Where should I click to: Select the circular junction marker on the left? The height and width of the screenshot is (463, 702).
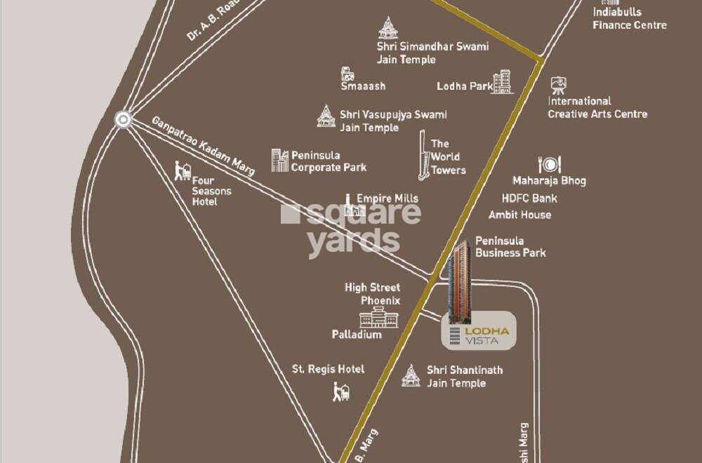[x=124, y=120]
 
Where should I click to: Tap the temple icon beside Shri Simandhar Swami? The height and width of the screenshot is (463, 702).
[x=387, y=28]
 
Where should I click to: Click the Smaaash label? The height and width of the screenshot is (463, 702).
[x=363, y=86]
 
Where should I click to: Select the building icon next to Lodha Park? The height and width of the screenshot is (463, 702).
[x=502, y=81]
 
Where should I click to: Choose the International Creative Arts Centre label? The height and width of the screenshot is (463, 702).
[x=597, y=107]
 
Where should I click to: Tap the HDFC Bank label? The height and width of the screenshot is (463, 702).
[x=529, y=199]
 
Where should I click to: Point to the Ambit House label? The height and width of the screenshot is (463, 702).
[x=519, y=215]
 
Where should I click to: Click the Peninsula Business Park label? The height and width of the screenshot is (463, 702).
[x=510, y=247]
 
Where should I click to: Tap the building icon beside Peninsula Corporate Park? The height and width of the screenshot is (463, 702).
[x=280, y=161]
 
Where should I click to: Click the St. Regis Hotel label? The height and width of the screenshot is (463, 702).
[x=328, y=369]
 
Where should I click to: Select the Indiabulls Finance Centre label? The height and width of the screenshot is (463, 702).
[x=629, y=18]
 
